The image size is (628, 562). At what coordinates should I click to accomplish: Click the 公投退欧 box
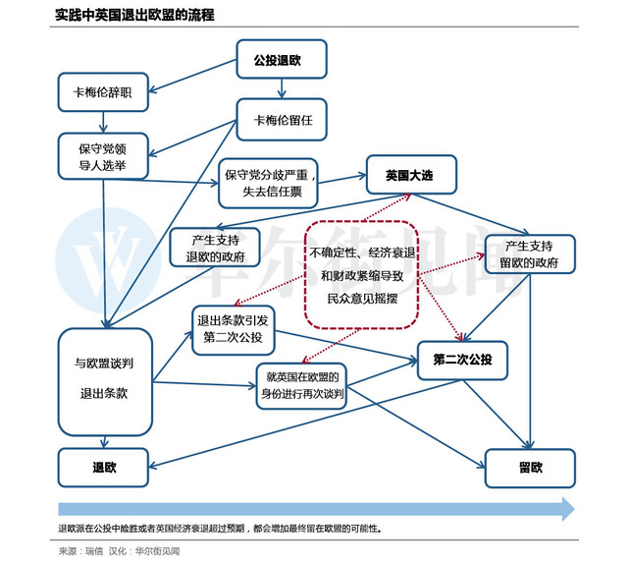click(282, 59)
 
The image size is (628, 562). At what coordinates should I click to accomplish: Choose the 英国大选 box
click(408, 176)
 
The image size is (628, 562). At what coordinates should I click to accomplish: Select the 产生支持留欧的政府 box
click(530, 253)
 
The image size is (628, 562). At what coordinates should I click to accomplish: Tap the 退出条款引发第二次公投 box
click(233, 329)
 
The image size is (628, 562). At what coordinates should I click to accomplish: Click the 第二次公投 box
click(463, 360)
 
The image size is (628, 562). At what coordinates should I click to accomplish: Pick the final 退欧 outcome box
click(103, 467)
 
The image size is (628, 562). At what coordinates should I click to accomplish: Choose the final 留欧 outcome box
click(530, 467)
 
